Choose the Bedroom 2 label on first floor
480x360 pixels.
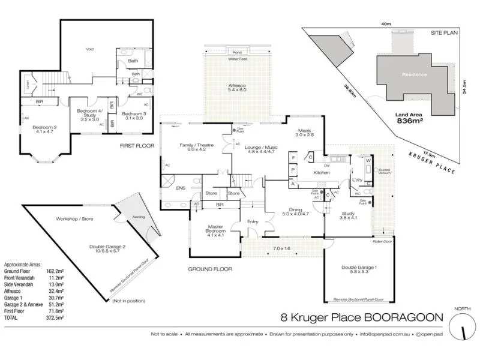tap(43, 127)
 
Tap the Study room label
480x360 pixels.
tap(349, 213)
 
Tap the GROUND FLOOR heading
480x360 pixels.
tap(210, 269)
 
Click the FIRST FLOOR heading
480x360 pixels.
tap(137, 146)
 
